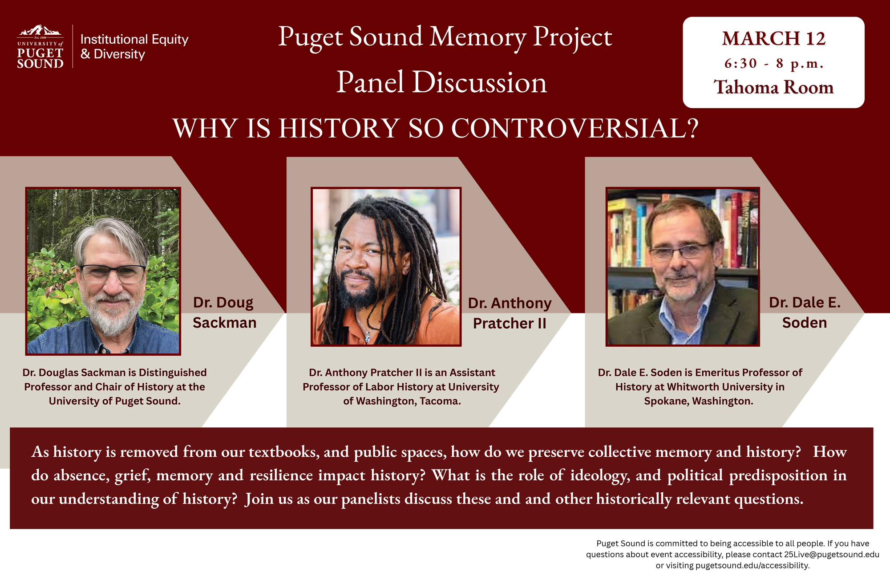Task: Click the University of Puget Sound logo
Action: pyautogui.click(x=40, y=47)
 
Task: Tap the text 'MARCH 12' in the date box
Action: pyautogui.click(x=773, y=39)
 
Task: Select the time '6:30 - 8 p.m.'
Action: pyautogui.click(x=773, y=64)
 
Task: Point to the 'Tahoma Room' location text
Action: pyautogui.click(x=773, y=87)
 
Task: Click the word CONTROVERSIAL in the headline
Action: pyautogui.click(x=574, y=129)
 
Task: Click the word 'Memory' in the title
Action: pyautogui.click(x=478, y=37)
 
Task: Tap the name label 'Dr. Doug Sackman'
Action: pyautogui.click(x=224, y=312)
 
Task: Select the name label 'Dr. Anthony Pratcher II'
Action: pyautogui.click(x=510, y=313)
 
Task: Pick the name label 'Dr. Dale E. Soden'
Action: pyautogui.click(x=805, y=312)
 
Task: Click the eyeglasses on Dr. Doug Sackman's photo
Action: pyautogui.click(x=112, y=273)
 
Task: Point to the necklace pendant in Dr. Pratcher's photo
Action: pyautogui.click(x=368, y=338)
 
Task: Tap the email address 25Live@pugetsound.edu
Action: pyautogui.click(x=831, y=555)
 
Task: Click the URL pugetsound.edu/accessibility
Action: pyautogui.click(x=752, y=566)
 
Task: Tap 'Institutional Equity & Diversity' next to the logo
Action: pyautogui.click(x=134, y=47)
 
